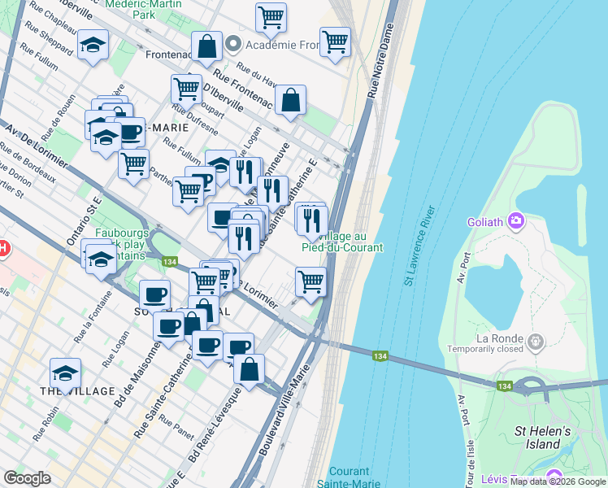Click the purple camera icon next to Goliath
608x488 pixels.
pyautogui.click(x=515, y=220)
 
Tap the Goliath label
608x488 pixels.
pyautogui.click(x=486, y=221)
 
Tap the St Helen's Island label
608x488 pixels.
pyautogui.click(x=543, y=438)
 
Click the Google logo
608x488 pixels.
pyautogui.click(x=28, y=478)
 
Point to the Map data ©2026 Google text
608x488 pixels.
pyautogui.click(x=558, y=481)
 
